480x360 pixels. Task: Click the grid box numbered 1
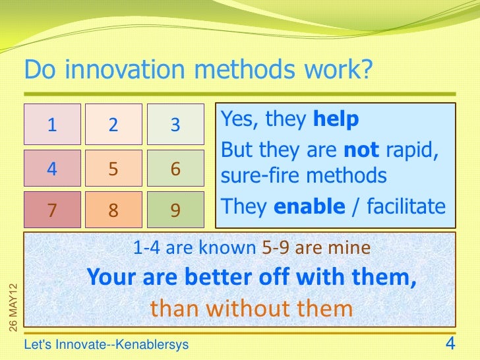point(52,124)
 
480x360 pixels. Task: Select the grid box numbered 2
point(113,124)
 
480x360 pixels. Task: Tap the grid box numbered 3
point(175,124)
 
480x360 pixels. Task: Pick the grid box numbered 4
point(52,169)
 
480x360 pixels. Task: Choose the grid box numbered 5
point(113,169)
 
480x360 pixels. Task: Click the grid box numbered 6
point(175,169)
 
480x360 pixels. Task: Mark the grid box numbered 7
point(52,210)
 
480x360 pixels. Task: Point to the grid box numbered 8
point(113,210)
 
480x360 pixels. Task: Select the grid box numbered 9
point(175,210)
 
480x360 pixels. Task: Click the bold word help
point(336,119)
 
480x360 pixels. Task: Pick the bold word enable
point(309,206)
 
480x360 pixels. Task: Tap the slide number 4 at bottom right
point(451,344)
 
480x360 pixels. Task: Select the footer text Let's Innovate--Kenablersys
point(106,345)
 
